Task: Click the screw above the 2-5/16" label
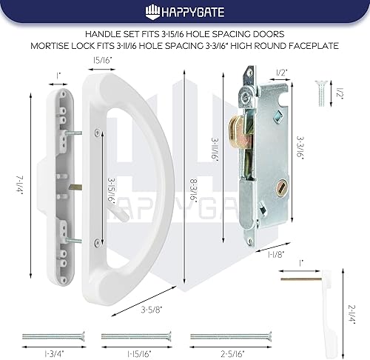click(x=221, y=336)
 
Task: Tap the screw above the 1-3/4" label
click(x=53, y=336)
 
